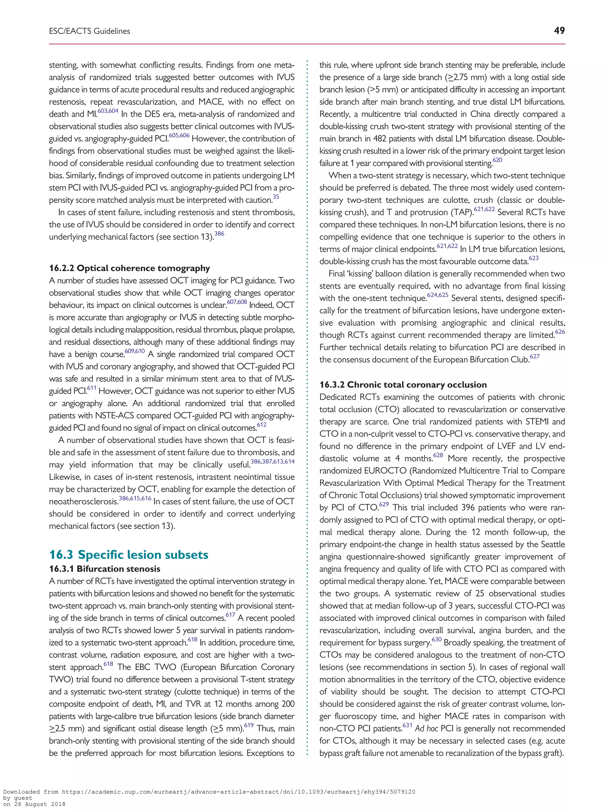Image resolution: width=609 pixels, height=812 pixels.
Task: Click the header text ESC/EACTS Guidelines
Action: pos(90,31)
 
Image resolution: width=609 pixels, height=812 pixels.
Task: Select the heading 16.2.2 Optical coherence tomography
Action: pos(130,268)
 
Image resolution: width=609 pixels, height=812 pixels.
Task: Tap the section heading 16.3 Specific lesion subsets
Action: pos(129,554)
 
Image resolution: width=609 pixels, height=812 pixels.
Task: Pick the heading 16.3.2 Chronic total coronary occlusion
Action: pos(403,385)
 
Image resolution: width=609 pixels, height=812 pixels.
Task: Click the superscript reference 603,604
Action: pos(108,111)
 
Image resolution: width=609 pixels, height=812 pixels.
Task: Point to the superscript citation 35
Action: pos(276,197)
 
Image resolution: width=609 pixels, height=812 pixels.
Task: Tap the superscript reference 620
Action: pos(497,160)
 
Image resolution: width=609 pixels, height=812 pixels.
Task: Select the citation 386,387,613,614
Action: pos(272,462)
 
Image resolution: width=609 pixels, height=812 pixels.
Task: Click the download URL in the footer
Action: pos(238,792)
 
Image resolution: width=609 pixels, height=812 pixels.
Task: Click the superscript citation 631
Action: pos(407,725)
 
